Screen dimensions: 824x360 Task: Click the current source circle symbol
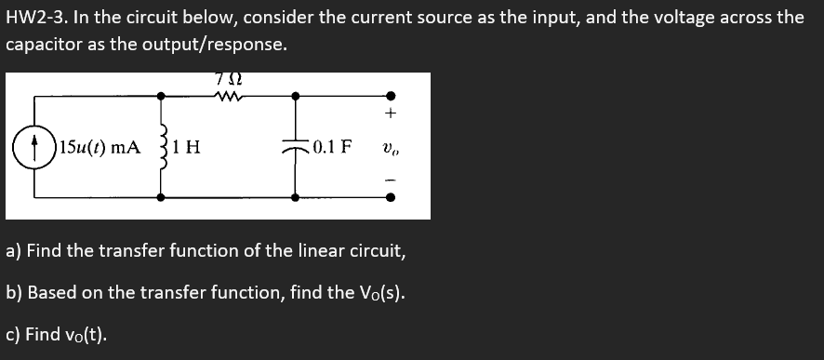pyautogui.click(x=36, y=146)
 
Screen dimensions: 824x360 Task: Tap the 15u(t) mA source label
pyautogui.click(x=100, y=146)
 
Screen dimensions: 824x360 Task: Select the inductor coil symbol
pyautogui.click(x=164, y=146)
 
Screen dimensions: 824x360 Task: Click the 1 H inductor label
pyautogui.click(x=191, y=146)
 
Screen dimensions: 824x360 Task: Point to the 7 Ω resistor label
pyautogui.click(x=228, y=77)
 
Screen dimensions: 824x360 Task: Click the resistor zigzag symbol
pyautogui.click(x=228, y=94)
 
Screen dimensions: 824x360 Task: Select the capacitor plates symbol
pyautogui.click(x=296, y=146)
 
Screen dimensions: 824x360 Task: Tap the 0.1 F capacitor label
pyautogui.click(x=332, y=146)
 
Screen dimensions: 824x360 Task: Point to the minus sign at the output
pyautogui.click(x=391, y=178)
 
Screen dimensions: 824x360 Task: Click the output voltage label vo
pyautogui.click(x=390, y=147)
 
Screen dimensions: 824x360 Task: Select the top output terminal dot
pyautogui.click(x=391, y=95)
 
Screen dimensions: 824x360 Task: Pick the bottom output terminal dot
pyautogui.click(x=391, y=196)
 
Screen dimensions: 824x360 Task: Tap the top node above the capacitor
pyautogui.click(x=296, y=95)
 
